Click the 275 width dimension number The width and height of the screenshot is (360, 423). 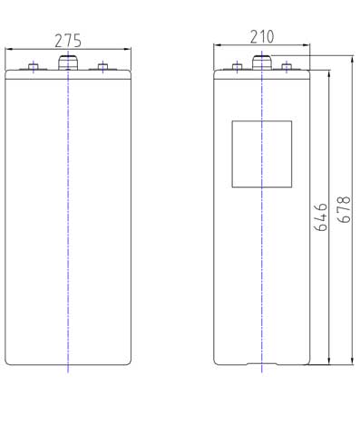click(x=68, y=41)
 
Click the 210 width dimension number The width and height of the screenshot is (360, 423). click(x=262, y=37)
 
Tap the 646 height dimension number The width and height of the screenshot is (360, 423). click(x=321, y=217)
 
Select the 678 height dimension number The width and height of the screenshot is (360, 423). click(x=345, y=209)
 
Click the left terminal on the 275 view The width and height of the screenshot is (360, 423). click(x=34, y=67)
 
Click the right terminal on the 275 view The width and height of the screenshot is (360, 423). click(x=102, y=67)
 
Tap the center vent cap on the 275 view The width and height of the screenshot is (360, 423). click(x=68, y=62)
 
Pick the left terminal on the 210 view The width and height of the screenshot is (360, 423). click(x=238, y=67)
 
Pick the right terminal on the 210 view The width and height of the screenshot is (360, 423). click(x=287, y=67)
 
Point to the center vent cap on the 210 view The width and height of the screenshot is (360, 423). click(x=262, y=62)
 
